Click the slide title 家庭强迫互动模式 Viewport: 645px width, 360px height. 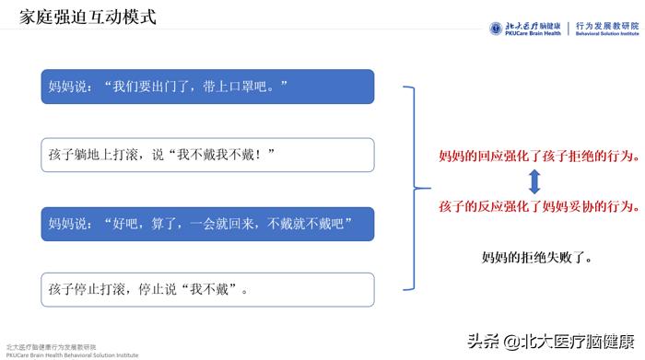point(88,17)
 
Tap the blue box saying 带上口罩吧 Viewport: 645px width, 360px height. point(207,87)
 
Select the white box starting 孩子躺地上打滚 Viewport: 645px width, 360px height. point(207,155)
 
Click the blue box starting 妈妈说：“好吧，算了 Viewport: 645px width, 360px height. point(207,224)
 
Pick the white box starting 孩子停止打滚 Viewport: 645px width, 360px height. point(207,290)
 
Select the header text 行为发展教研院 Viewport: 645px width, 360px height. point(605,25)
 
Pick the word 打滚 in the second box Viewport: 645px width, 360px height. point(132,155)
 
